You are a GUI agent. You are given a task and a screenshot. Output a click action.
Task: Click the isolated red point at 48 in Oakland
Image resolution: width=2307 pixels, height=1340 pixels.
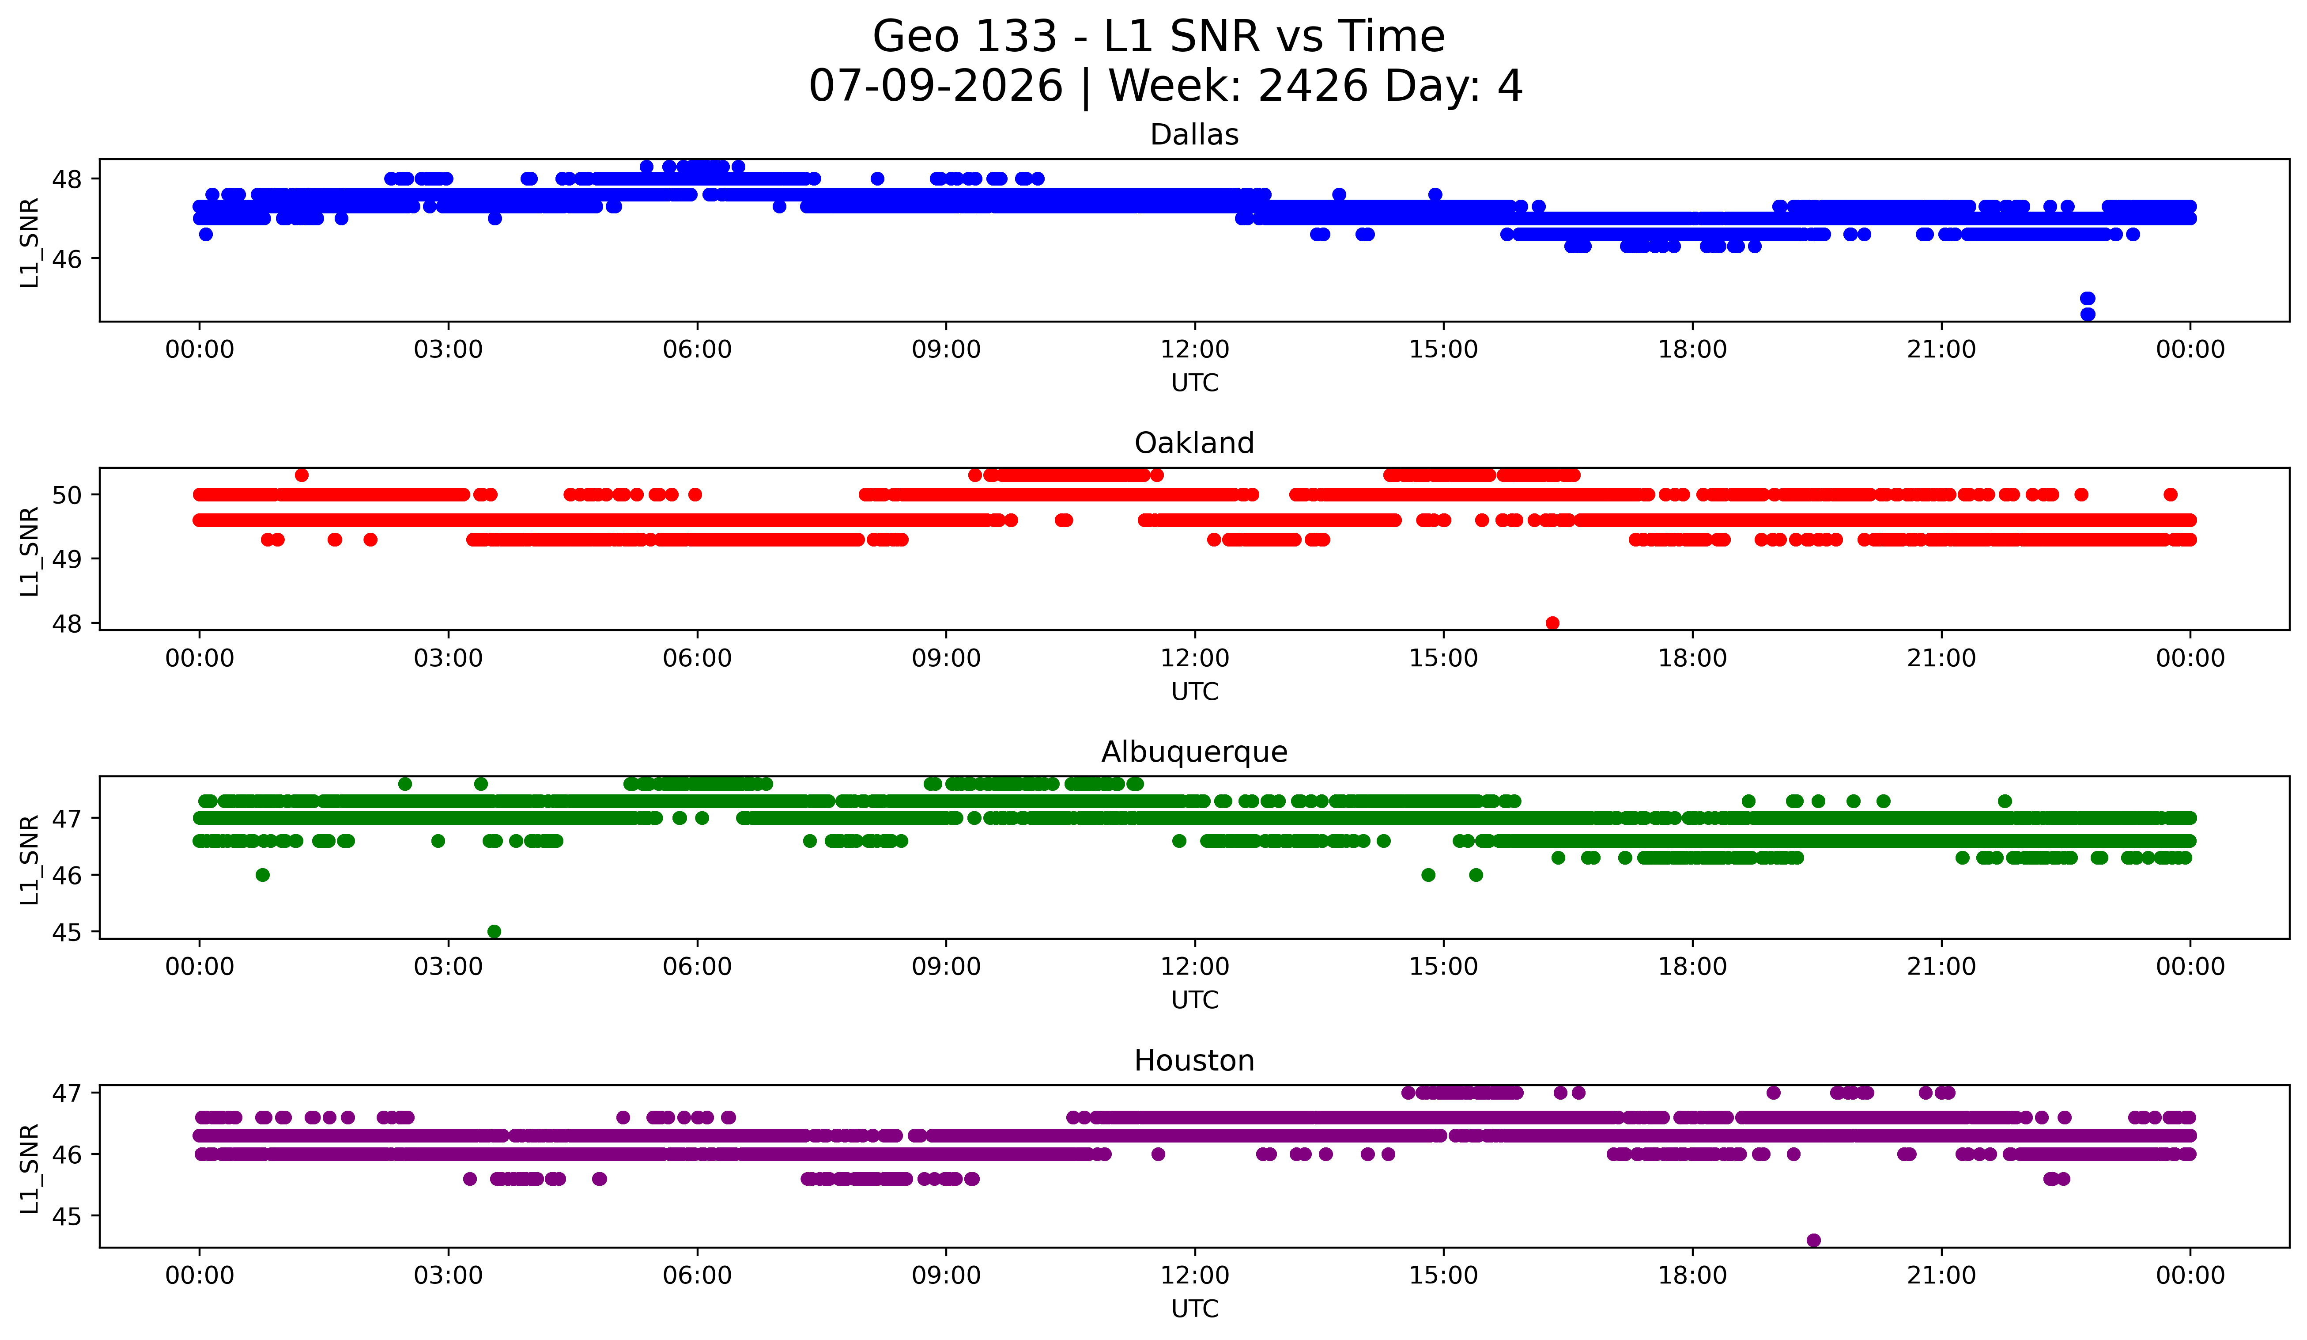tap(1552, 623)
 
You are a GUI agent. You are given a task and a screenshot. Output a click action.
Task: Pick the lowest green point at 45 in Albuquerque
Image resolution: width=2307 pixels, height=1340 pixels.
tap(495, 931)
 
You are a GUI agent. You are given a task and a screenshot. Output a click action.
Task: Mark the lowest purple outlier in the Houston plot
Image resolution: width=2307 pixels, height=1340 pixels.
tap(1813, 1240)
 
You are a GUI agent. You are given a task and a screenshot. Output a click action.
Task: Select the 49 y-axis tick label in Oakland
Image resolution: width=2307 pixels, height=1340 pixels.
tap(67, 559)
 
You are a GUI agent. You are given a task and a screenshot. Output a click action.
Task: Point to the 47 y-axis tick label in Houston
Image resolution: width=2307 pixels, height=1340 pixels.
tap(67, 1093)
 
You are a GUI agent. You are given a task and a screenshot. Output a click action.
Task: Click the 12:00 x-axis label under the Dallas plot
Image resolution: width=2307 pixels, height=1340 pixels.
tap(1195, 350)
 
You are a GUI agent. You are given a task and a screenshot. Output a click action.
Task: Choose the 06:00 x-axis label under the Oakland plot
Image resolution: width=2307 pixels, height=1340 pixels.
tap(698, 659)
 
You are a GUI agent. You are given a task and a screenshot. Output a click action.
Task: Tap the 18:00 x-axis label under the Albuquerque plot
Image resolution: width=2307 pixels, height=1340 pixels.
tap(1693, 967)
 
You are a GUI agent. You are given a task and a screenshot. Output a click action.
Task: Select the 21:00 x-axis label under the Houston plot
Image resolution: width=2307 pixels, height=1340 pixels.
tap(1942, 1276)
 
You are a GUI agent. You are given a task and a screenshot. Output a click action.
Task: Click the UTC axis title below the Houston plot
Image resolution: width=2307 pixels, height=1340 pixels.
tap(1195, 1309)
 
